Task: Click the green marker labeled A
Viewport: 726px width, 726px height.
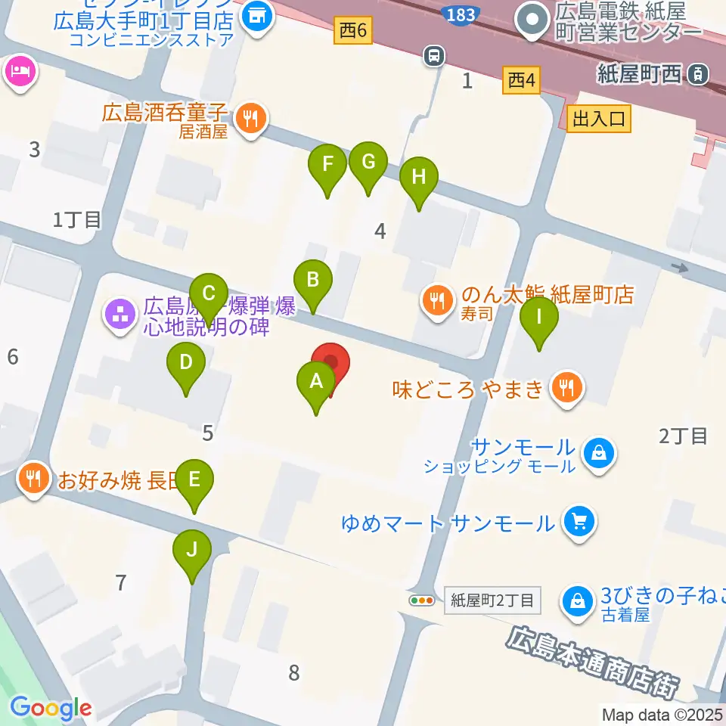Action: pos(316,383)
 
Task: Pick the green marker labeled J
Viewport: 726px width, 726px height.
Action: pos(192,551)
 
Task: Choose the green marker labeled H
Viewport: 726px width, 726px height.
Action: pos(419,178)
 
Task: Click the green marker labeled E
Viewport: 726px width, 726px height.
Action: pos(194,480)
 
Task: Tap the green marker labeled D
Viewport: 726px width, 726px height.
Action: pos(186,364)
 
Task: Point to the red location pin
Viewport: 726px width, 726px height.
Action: pos(331,364)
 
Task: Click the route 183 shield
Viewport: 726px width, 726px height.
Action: pos(461,14)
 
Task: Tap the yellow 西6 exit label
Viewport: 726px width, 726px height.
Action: pos(353,31)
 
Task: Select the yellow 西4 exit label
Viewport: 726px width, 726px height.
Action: pos(522,79)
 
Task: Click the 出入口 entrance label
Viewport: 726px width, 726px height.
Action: pos(598,119)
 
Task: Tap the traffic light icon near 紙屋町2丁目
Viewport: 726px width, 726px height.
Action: pos(421,601)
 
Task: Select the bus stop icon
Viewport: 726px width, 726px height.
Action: pos(434,54)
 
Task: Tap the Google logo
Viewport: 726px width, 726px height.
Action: pos(51,709)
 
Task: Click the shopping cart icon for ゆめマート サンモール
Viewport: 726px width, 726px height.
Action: pos(580,521)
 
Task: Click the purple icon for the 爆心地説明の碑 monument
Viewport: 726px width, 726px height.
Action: pos(120,312)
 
